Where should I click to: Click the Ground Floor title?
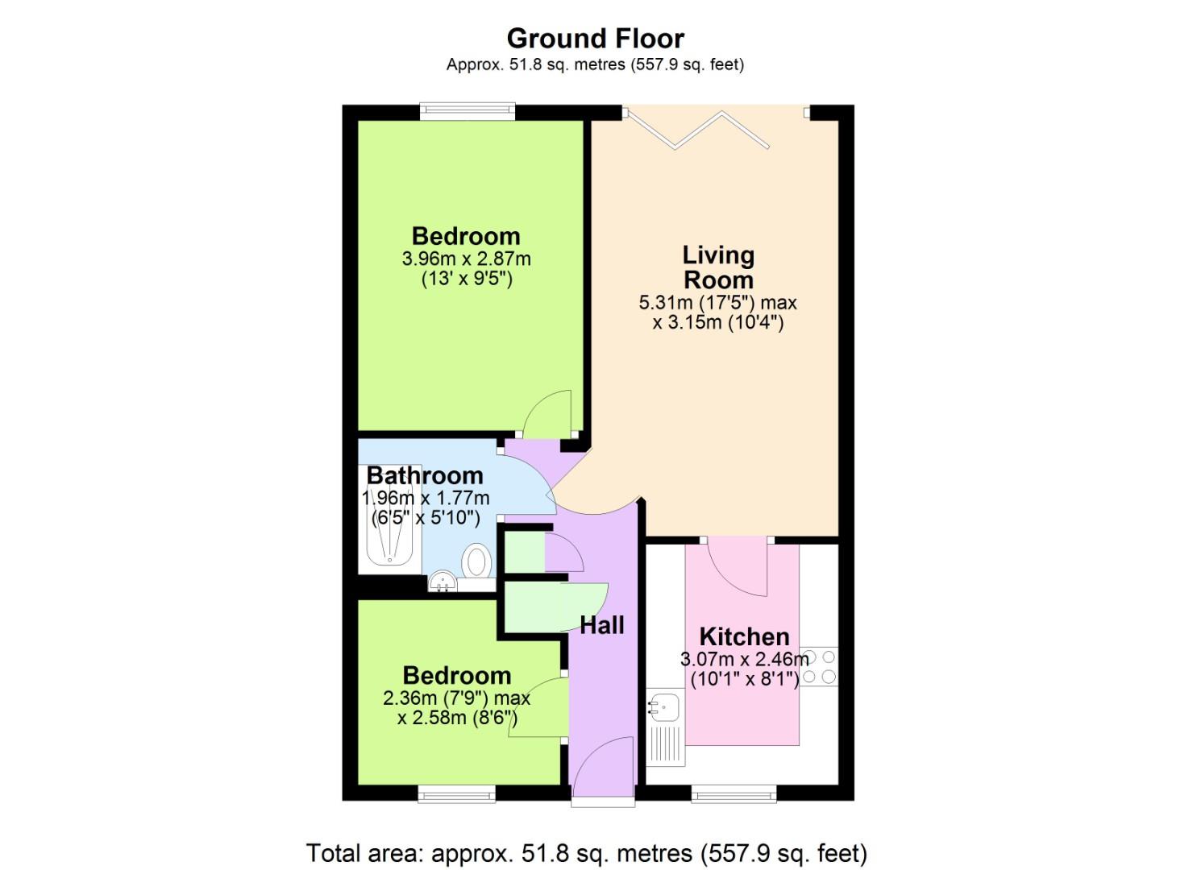pyautogui.click(x=596, y=38)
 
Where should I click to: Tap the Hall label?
pyautogui.click(x=602, y=625)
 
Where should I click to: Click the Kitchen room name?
pyautogui.click(x=744, y=636)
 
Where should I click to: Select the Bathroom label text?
pyautogui.click(x=425, y=475)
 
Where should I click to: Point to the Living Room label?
pyautogui.click(x=718, y=267)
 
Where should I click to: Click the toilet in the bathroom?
pyautogui.click(x=477, y=560)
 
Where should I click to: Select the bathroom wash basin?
pyautogui.click(x=442, y=582)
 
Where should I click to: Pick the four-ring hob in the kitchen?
pyautogui.click(x=818, y=667)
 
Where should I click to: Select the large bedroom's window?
pyautogui.click(x=467, y=112)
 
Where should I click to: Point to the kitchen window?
pyautogui.click(x=734, y=795)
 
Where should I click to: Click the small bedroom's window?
pyautogui.click(x=456, y=795)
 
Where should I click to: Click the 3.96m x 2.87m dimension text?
pyautogui.click(x=466, y=259)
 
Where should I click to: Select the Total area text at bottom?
pyautogui.click(x=586, y=852)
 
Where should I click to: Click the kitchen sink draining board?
pyautogui.click(x=666, y=745)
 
